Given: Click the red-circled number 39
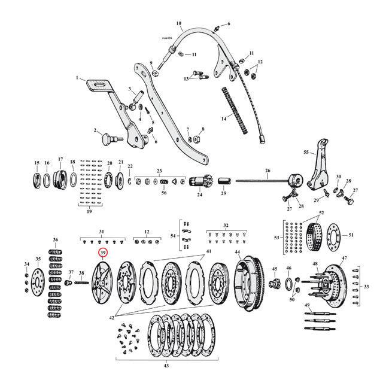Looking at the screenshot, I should [x=103, y=253].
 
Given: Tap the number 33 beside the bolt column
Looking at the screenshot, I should [x=366, y=285].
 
